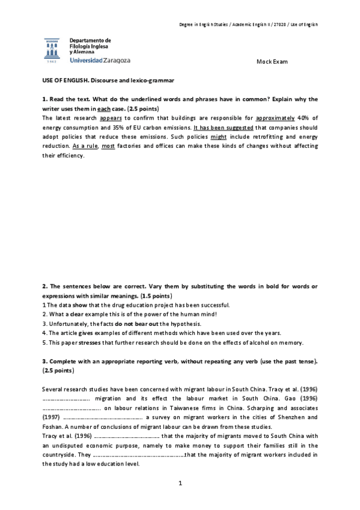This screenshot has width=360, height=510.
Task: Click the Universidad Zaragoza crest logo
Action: point(52,51)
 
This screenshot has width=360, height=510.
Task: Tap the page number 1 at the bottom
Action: point(180,483)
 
